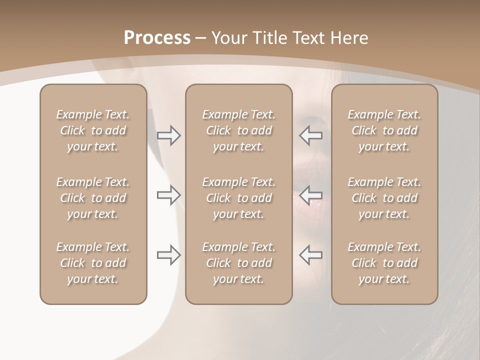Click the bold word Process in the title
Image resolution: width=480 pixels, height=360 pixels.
pos(157,38)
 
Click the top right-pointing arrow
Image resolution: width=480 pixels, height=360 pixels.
pos(169,135)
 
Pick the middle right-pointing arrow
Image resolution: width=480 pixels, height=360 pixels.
pos(169,195)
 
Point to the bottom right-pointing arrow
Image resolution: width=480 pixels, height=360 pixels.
pos(169,255)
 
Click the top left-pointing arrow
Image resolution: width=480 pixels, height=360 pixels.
pos(310,135)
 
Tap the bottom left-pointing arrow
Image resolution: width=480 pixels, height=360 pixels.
pos(310,255)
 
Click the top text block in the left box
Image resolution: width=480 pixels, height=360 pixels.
pos(93,130)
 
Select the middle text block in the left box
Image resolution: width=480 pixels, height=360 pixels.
pos(93,198)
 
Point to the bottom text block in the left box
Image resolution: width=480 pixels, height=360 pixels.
pos(93,263)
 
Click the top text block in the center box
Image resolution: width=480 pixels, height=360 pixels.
pos(238,130)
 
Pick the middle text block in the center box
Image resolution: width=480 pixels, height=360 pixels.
pos(238,198)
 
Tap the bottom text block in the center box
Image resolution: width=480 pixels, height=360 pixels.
pos(238,263)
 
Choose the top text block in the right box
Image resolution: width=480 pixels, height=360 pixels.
pos(384,130)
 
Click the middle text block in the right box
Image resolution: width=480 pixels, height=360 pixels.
pos(384,198)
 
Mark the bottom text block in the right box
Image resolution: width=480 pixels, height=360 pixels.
pos(384,263)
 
